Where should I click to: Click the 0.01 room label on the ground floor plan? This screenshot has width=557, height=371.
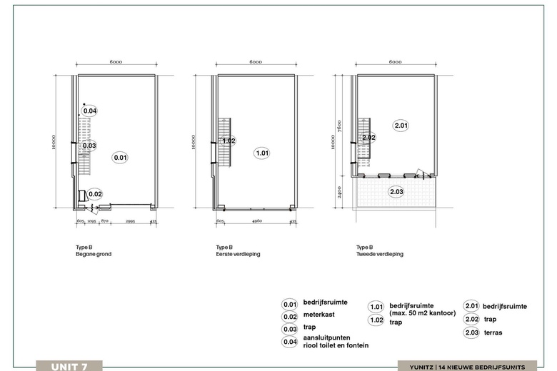pyautogui.click(x=120, y=157)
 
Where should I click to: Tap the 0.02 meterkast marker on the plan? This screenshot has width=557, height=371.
pyautogui.click(x=95, y=194)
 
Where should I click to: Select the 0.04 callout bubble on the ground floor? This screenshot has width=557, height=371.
pyautogui.click(x=90, y=111)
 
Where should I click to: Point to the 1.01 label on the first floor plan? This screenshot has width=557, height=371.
pyautogui.click(x=263, y=153)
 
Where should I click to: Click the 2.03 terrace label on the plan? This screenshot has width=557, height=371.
pyautogui.click(x=396, y=192)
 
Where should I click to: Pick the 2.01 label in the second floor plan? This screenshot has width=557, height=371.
pyautogui.click(x=401, y=126)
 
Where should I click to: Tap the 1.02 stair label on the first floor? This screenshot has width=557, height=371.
pyautogui.click(x=229, y=141)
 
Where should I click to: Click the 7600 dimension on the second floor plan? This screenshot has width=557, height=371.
pyautogui.click(x=339, y=126)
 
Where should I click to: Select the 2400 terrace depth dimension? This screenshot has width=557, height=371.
pyautogui.click(x=339, y=192)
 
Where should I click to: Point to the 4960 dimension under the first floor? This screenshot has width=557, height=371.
pyautogui.click(x=257, y=221)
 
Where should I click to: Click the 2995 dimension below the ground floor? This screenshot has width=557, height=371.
pyautogui.click(x=131, y=221)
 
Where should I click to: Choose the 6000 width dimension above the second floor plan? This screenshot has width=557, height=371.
pyautogui.click(x=395, y=62)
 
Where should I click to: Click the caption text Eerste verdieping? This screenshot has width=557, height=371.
pyautogui.click(x=238, y=254)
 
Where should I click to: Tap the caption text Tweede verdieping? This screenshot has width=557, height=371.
pyautogui.click(x=380, y=254)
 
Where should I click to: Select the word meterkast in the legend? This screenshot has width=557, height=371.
pyautogui.click(x=319, y=315)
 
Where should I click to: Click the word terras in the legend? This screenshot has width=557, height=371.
pyautogui.click(x=493, y=332)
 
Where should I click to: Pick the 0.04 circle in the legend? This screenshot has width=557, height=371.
pyautogui.click(x=290, y=342)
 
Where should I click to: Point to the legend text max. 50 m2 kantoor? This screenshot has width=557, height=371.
pyautogui.click(x=423, y=313)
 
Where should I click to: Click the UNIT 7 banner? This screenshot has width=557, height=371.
pyautogui.click(x=69, y=367)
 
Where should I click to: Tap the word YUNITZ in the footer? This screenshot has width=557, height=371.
pyautogui.click(x=421, y=367)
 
